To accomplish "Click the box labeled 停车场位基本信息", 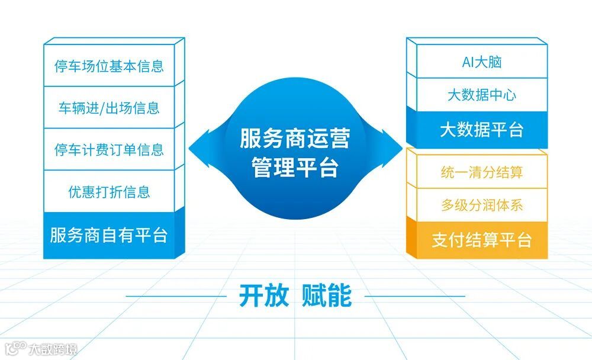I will (x=110, y=66).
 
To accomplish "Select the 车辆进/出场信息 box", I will (x=110, y=108).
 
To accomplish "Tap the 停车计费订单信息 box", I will (x=110, y=150).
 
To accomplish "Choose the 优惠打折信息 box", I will (x=110, y=192).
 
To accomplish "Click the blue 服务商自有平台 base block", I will (x=110, y=235).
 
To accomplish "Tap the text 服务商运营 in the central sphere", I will (x=295, y=139).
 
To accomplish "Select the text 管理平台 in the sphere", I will (x=295, y=168).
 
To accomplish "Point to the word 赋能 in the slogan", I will (x=327, y=295).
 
